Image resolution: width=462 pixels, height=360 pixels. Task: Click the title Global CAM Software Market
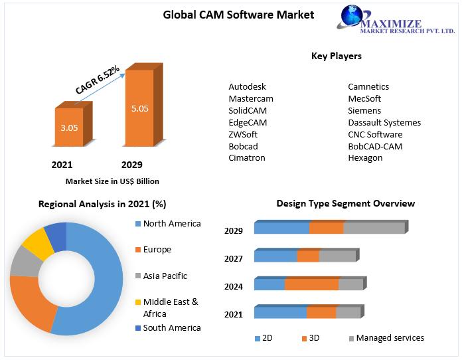(238, 15)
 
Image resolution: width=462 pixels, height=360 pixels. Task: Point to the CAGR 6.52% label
(98, 80)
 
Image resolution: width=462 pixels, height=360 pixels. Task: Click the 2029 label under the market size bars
(131, 165)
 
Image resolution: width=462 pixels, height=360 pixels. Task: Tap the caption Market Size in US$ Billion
(112, 181)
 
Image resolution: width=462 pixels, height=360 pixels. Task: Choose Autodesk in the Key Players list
(248, 87)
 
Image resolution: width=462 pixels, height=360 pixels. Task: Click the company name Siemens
(364, 111)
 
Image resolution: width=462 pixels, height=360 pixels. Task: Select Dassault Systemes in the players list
(384, 123)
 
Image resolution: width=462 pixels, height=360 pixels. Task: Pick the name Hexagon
(365, 158)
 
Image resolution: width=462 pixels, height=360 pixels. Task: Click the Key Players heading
(337, 56)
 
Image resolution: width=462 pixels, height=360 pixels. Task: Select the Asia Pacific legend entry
(165, 276)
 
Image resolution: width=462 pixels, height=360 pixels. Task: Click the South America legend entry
(171, 327)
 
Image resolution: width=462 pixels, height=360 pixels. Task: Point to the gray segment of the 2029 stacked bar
(374, 228)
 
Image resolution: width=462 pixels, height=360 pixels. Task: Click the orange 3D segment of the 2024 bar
(311, 284)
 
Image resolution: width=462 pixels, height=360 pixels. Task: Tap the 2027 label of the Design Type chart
(233, 258)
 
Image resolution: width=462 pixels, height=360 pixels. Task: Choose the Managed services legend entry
(389, 338)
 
